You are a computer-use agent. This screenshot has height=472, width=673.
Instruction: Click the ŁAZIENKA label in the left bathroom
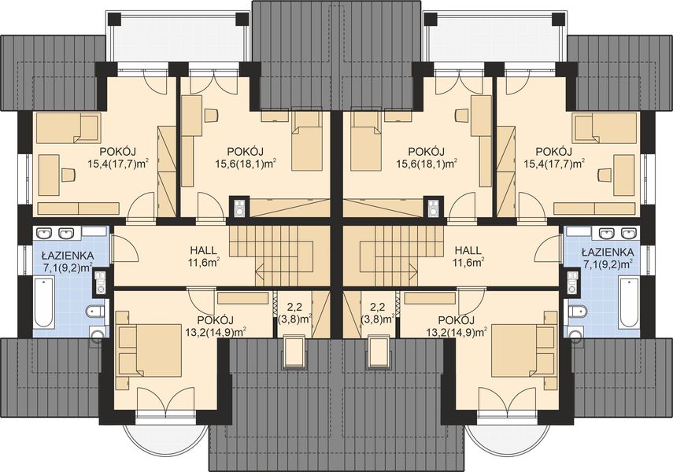[x=68, y=256]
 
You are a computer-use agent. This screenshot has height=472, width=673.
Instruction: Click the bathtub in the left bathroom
[x=44, y=301]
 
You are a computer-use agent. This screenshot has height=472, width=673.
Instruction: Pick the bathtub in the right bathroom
[x=629, y=301]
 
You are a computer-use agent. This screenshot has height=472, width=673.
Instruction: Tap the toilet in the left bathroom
[x=96, y=311]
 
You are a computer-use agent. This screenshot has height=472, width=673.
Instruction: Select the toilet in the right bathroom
[x=577, y=311]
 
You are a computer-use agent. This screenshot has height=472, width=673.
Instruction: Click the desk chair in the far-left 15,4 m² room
[x=68, y=174]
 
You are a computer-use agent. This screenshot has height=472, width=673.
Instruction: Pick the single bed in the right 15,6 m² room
[x=364, y=141]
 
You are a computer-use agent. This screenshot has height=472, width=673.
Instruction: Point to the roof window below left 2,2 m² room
[x=294, y=352]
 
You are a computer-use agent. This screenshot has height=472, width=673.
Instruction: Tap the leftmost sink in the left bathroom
[x=44, y=234]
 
